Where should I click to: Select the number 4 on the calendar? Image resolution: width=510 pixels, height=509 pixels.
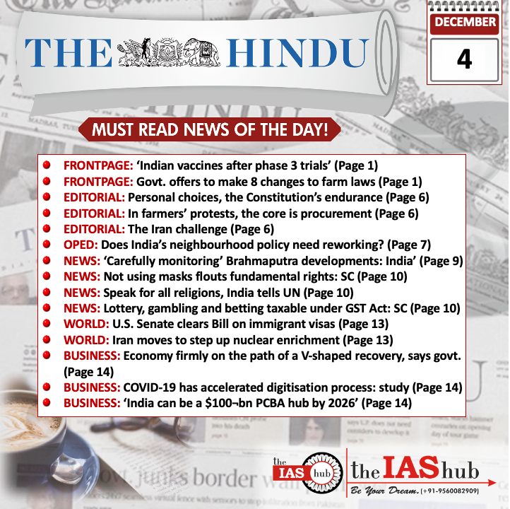click(463, 58)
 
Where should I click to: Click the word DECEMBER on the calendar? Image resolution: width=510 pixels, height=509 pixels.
click(465, 22)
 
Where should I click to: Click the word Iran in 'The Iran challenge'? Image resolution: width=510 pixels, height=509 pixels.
click(163, 230)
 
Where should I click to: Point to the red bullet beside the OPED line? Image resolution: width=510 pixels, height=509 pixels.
click(46, 245)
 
